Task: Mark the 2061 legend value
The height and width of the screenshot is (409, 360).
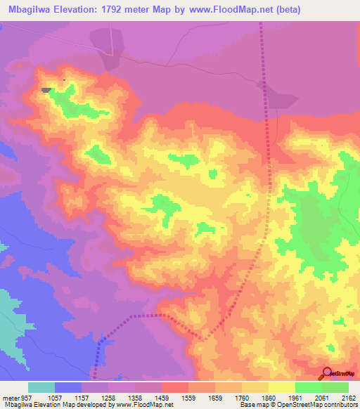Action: (x=322, y=398)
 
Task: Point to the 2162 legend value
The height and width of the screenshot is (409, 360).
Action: (x=349, y=398)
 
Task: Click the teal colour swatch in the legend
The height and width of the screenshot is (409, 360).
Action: (x=41, y=387)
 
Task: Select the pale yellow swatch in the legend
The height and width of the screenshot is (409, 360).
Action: (x=282, y=387)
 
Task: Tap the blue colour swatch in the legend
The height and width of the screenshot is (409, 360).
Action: (x=68, y=387)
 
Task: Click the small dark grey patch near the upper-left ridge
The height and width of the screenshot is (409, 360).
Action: (x=46, y=90)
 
